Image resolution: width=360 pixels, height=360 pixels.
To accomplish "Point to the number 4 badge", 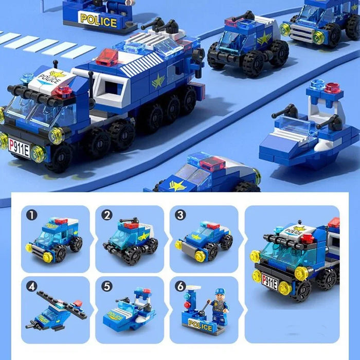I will coord(32,286).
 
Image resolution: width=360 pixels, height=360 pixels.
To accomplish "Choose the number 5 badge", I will coord(106,286).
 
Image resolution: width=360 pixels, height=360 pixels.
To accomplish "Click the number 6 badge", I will coord(181,286).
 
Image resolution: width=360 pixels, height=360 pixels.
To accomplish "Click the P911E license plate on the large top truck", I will coord(19,147).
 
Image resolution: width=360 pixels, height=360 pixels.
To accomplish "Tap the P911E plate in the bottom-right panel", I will coord(269,281).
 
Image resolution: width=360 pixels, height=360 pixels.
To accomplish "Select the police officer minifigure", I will coord(220,307).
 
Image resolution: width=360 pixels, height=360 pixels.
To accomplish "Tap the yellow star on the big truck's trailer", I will coord(158,81).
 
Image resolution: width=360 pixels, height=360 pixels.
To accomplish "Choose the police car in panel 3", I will coord(203,239).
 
